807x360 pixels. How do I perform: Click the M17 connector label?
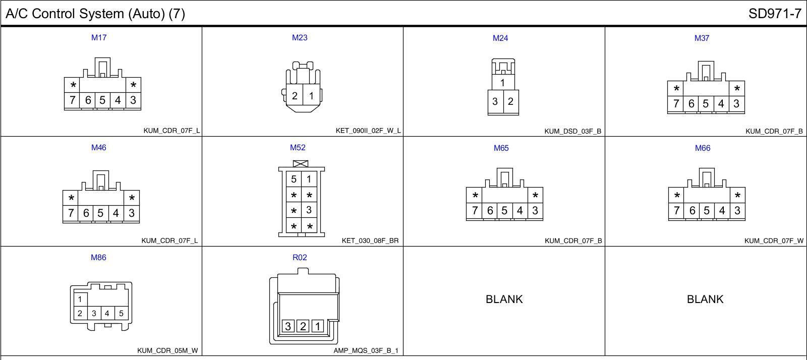click(x=99, y=37)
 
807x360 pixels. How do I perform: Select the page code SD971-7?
click(x=775, y=14)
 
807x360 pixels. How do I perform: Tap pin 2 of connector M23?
click(x=295, y=96)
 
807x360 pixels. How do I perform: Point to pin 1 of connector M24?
click(x=502, y=83)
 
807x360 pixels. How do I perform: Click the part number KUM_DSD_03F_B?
click(x=572, y=131)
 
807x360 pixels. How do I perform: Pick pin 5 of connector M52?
click(x=294, y=179)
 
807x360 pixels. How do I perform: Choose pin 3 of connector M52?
click(x=309, y=210)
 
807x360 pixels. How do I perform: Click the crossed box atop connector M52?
click(x=301, y=164)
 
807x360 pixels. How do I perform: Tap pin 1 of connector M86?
click(x=80, y=299)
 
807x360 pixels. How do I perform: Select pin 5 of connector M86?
click(x=121, y=313)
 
